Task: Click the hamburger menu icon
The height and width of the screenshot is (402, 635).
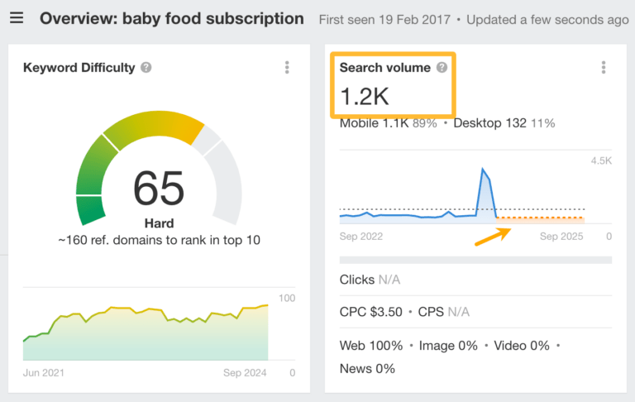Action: (17, 18)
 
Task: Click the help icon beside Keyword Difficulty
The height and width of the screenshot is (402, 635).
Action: (146, 68)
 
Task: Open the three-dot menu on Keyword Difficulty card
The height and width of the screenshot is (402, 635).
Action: (287, 68)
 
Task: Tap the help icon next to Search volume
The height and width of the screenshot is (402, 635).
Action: (442, 68)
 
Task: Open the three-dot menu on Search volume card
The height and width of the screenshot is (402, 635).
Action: (604, 68)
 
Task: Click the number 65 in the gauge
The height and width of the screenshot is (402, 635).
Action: (160, 188)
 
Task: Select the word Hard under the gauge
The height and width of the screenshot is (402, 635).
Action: (159, 223)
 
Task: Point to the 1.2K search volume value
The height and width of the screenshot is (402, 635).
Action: (365, 97)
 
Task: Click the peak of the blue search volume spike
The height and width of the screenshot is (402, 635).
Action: (483, 170)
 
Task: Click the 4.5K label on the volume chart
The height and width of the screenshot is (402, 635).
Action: (599, 161)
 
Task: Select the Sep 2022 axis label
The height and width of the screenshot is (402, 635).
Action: (361, 237)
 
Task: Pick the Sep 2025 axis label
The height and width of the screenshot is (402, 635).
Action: (561, 237)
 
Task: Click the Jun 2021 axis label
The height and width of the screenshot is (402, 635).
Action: (45, 373)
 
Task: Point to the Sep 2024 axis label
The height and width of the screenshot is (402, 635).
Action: (245, 373)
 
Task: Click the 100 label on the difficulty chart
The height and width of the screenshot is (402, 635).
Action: (287, 299)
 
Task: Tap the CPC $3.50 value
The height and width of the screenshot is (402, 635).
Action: (371, 312)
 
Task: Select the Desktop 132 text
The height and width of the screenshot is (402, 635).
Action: (491, 123)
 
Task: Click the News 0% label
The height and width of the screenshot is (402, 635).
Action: (367, 369)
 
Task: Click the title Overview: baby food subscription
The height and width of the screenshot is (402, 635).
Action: (172, 18)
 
